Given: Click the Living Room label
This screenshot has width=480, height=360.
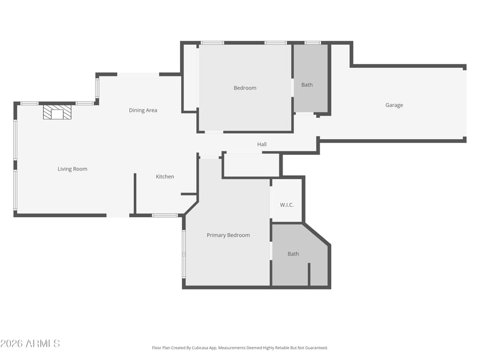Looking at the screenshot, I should pos(73,169).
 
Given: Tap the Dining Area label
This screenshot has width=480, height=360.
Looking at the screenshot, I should pos(143,110).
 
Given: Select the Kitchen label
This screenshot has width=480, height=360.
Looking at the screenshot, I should pos(165,176).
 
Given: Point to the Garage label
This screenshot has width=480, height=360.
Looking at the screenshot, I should pos(394,105).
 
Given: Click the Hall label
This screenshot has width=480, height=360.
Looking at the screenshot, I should pos(262,145).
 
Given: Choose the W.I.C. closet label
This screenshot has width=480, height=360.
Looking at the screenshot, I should pos(287,205).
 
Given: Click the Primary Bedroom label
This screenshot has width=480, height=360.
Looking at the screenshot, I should pos(228,235).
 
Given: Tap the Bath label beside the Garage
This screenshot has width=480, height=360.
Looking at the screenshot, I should pos(307,85).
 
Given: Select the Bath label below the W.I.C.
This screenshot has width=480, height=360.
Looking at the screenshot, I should pos(293,254).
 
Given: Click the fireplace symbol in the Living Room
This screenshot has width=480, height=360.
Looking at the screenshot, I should pos(57,112).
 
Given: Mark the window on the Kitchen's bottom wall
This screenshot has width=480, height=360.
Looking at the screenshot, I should pos(164,215).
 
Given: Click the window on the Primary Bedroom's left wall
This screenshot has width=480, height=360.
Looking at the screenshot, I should pos(184,253).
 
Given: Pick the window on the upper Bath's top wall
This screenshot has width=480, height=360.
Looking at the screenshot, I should pos(313,43).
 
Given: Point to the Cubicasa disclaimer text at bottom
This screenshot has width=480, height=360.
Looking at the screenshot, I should pos(240,347).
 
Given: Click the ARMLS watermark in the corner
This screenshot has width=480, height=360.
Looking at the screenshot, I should pos(30,343).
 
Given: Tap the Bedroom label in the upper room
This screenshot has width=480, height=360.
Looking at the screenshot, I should pos(245,88).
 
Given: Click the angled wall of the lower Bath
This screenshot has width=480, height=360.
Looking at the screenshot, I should pos(316,235).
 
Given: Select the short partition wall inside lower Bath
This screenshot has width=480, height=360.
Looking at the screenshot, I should pos(309,274).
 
